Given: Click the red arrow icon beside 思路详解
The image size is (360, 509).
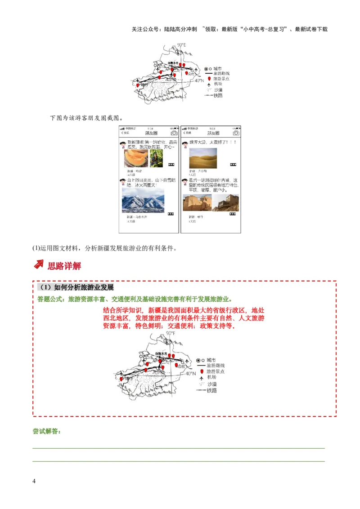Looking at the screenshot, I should point(39,265).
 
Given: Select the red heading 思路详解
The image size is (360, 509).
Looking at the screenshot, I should point(64,266).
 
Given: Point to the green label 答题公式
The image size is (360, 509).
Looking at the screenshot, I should point(51,299).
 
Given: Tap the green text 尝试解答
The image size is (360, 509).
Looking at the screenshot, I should point(46,431).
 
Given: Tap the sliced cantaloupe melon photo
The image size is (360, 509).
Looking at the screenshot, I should point(136,158).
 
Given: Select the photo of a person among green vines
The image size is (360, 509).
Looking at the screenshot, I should point(156,158).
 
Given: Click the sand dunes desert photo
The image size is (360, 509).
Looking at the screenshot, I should point(203,158).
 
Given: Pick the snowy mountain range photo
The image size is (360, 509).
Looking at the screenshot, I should point(143,200).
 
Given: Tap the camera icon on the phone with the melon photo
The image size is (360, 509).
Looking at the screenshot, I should point(174,133).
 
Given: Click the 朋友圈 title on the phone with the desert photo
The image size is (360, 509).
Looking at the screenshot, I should point(213,133).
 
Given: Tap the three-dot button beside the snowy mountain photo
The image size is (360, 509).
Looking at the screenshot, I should point(171,214).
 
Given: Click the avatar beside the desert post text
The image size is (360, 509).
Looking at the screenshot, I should point(184,144).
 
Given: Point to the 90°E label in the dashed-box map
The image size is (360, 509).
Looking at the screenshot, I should point(170,333).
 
